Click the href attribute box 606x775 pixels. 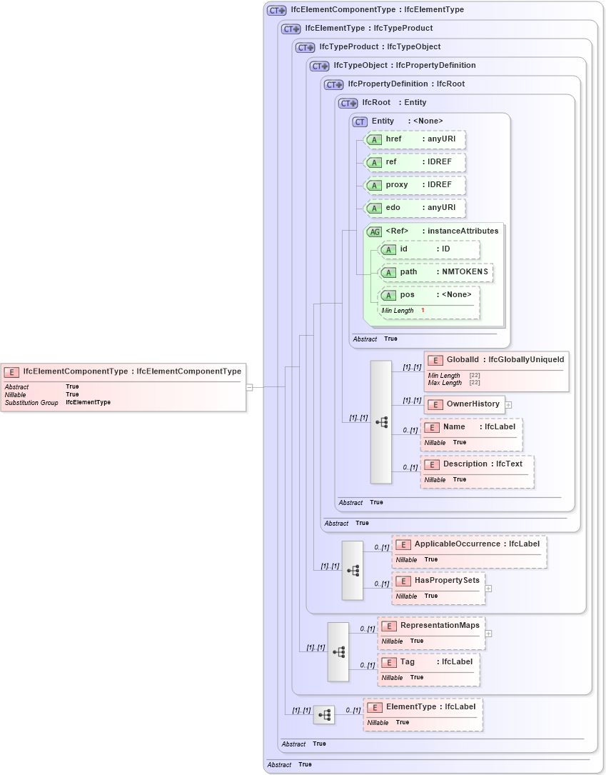point(415,139)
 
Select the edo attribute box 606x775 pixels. point(415,208)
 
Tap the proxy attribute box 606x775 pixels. point(415,185)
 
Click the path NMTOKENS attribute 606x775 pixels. point(435,272)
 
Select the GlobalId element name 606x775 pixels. point(463,359)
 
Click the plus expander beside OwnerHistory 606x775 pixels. point(508,404)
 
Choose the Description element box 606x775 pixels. point(477,471)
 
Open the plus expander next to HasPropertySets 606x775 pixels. point(488,589)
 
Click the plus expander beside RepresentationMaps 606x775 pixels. point(488,633)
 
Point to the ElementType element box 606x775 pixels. point(423,714)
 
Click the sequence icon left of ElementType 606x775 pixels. point(324,715)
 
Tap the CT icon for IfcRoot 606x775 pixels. point(348,103)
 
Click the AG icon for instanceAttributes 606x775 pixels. point(374,231)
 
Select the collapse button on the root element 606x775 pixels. point(249,387)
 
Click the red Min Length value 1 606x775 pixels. point(423,311)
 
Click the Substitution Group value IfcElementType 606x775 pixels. point(88,403)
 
